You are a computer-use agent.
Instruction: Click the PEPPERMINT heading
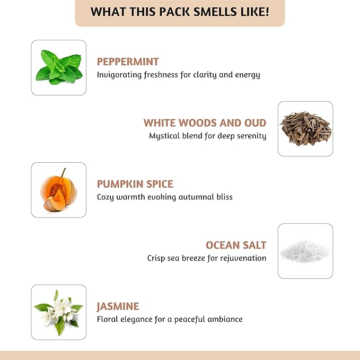[x=128, y=62]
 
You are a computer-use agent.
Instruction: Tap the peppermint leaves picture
[x=58, y=67]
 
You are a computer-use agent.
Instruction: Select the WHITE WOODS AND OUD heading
[x=205, y=123]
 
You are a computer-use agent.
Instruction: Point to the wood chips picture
[x=305, y=129]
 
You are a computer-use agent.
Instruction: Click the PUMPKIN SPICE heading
[x=135, y=184]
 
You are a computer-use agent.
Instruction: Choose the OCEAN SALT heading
[x=236, y=245]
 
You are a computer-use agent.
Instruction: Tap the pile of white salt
[x=305, y=251]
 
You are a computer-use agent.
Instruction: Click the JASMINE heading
[x=118, y=306]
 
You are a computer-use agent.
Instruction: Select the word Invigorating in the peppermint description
[x=119, y=75]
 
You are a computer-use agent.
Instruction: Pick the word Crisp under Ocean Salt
[x=157, y=258]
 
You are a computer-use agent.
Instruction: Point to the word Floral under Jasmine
[x=108, y=319]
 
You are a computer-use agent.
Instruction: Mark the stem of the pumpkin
[x=63, y=172]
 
